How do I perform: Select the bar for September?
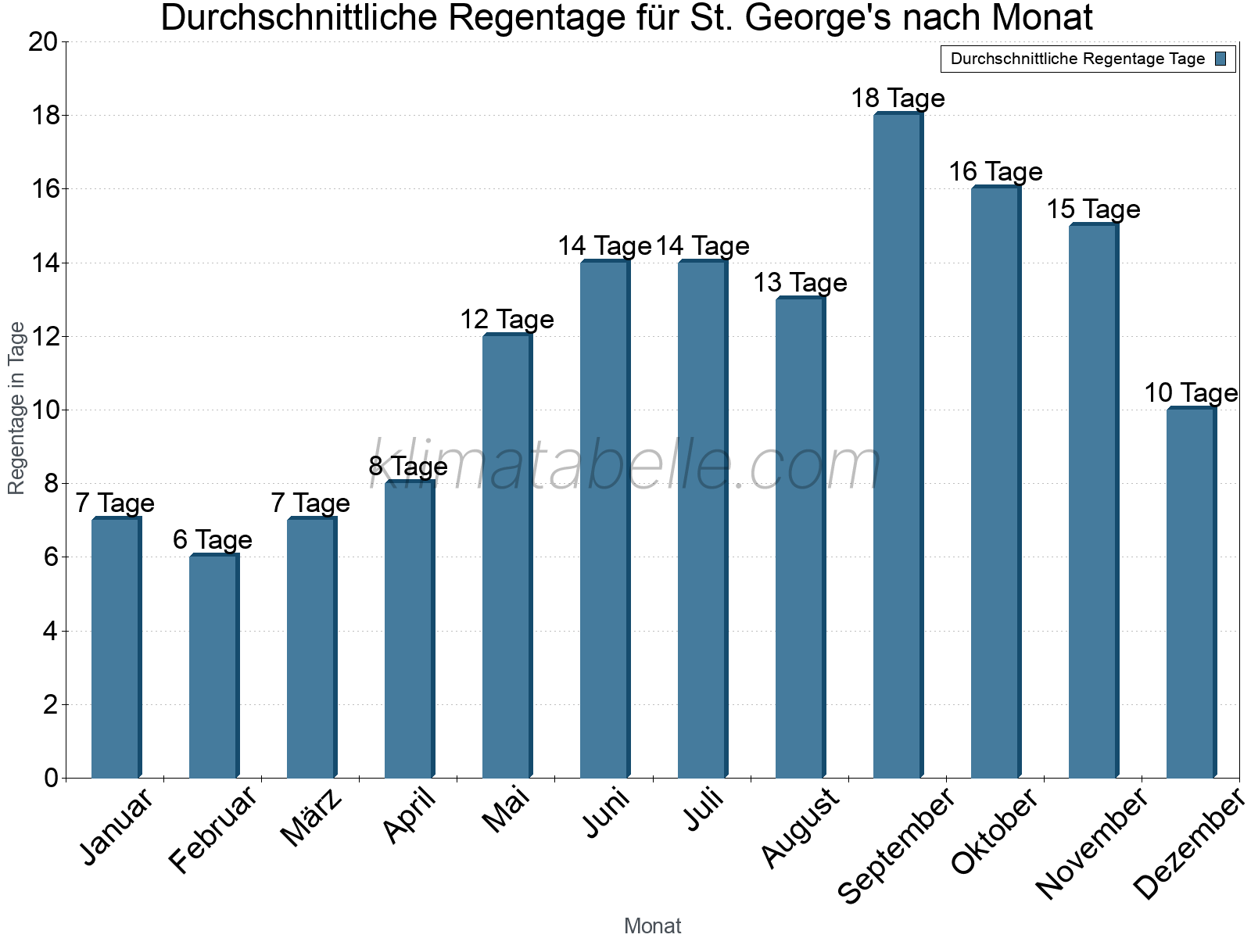point(898,446)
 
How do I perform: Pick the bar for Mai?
point(507,556)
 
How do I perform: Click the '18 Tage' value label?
point(898,98)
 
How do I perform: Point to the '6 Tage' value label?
point(213,540)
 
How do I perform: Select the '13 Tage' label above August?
point(800,283)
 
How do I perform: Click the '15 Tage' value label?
point(1093,209)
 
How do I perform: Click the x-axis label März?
point(312,818)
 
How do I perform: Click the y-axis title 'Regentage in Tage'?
point(17,408)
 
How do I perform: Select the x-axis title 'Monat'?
point(652,926)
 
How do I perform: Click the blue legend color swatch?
point(1221,59)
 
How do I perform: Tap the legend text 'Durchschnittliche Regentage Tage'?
point(1077,59)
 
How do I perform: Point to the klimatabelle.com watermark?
point(625,466)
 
